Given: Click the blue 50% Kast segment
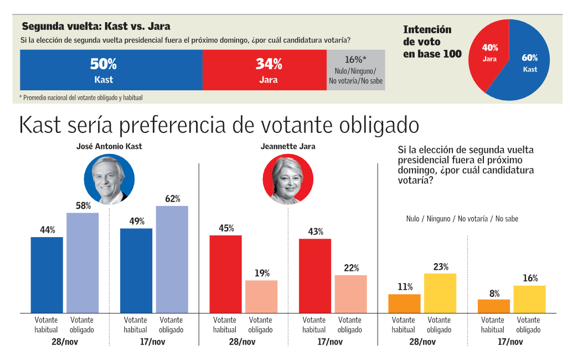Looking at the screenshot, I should pos(111,70).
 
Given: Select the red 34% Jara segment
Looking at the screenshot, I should pos(265,70).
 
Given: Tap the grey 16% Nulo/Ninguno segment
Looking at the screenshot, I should pos(355,70).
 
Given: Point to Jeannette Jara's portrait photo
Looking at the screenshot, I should pos(288,179).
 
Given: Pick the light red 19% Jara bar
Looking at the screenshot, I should pos(261,297).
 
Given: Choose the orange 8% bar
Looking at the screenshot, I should pos(494,306).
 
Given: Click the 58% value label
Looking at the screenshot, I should pos(83,206).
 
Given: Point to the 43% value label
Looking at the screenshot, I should pos(316,232).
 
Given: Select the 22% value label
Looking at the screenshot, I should pos(352,268).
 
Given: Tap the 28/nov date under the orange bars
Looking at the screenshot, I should pos(422,342).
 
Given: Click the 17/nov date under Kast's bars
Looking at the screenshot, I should pos(154,342).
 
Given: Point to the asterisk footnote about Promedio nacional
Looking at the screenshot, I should pos(81,98).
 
